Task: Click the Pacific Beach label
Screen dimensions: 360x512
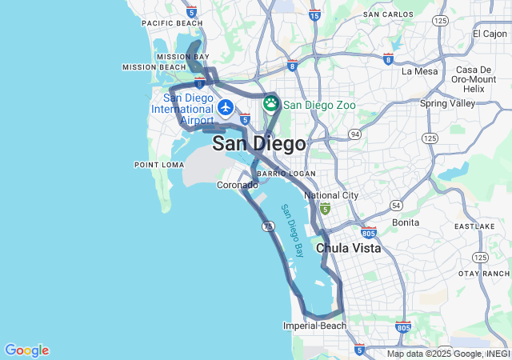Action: (x=167, y=23)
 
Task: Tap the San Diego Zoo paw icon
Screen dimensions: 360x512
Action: (x=271, y=103)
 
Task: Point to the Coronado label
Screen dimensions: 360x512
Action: (x=238, y=185)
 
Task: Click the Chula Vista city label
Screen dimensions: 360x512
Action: (x=349, y=248)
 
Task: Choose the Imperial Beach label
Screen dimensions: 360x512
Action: (x=315, y=326)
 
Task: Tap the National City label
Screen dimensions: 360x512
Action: (x=332, y=195)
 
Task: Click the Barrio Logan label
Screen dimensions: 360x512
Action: (x=286, y=174)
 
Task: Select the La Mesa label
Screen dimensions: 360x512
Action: (x=420, y=71)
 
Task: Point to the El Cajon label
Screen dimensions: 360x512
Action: (x=490, y=34)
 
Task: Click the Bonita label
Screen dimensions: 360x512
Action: (x=406, y=222)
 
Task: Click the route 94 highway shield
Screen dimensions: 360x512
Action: (x=354, y=134)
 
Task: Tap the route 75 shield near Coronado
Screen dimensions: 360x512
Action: (x=269, y=226)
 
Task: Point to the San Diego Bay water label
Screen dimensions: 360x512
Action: (x=292, y=230)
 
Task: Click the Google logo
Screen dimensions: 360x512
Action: (x=26, y=350)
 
